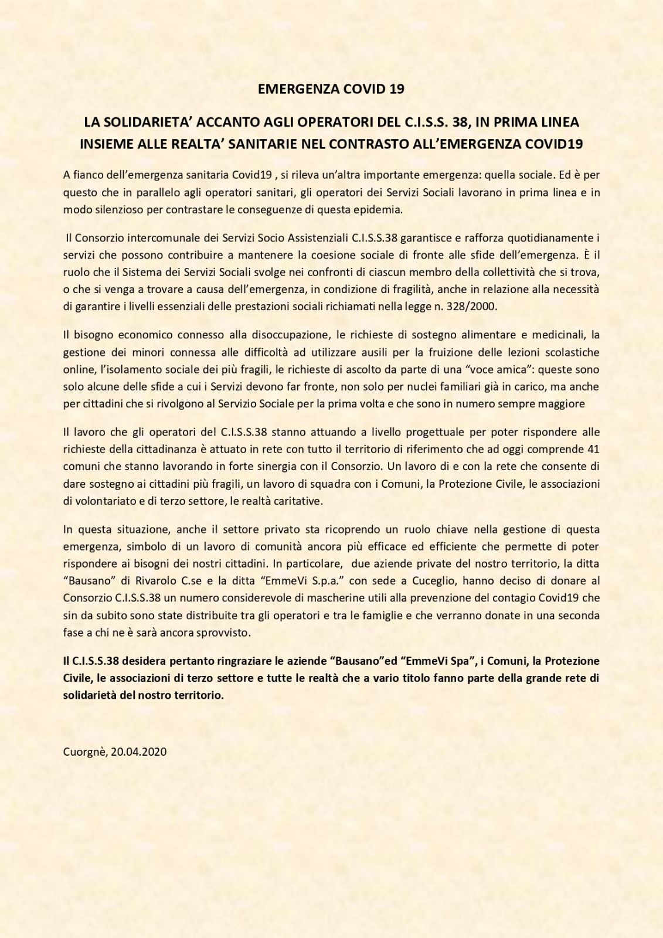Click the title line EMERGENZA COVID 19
(331, 89)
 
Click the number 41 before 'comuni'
(593, 448)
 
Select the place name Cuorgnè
(84, 751)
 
